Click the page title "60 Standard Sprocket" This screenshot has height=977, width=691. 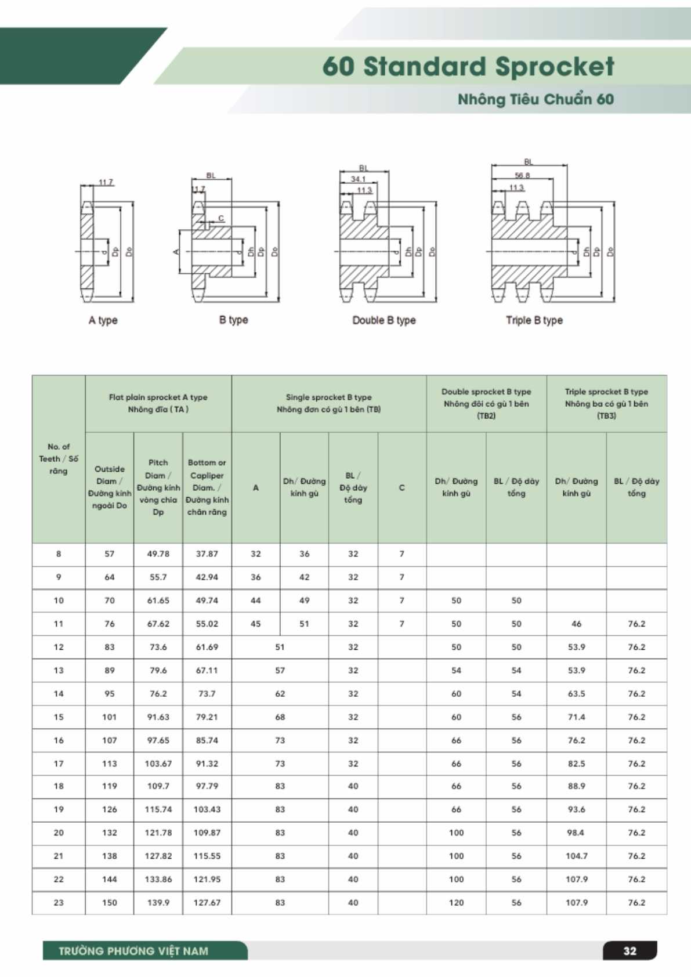point(468,67)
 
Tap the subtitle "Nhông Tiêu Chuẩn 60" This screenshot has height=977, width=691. point(536,99)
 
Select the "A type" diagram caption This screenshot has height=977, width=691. point(103,320)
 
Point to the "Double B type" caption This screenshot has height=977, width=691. point(384,320)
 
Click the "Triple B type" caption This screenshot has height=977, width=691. point(534,320)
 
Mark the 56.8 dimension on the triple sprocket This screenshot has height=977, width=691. point(522,175)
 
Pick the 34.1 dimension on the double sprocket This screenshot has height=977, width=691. point(358,179)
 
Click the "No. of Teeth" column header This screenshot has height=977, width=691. point(59,458)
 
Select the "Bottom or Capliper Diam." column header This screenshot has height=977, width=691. point(207,487)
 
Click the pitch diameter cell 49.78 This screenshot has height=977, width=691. point(158,554)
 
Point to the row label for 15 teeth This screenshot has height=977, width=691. point(59,717)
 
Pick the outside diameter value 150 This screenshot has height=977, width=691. point(110,903)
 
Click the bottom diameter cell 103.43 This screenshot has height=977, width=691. point(207,809)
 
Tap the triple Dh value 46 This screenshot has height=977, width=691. point(576,624)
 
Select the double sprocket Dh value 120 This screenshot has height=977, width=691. point(456,903)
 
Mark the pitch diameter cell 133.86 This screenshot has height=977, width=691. point(158,880)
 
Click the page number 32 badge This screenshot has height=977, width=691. point(630,951)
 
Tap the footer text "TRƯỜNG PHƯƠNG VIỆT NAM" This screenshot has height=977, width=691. point(133,951)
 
